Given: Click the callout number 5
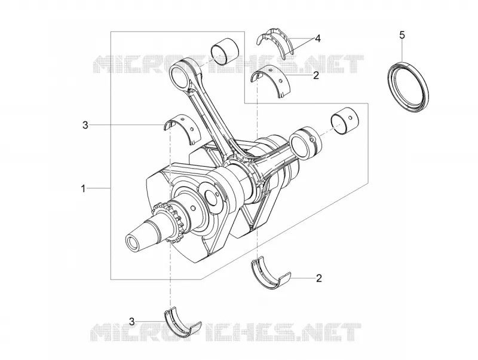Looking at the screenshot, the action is (x=402, y=35).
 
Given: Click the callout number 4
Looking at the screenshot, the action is (x=318, y=39).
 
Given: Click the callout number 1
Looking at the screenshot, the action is (x=83, y=188).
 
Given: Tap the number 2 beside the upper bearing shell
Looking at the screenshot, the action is (x=316, y=75).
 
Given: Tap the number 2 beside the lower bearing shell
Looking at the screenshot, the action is (x=319, y=278).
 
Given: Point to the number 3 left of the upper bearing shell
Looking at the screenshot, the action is (x=85, y=125).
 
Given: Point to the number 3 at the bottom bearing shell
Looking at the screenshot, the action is (x=131, y=321).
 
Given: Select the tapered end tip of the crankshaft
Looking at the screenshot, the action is (x=133, y=243).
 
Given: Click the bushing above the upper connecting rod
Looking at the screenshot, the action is (x=225, y=51).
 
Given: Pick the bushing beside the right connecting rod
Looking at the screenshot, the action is (x=345, y=121).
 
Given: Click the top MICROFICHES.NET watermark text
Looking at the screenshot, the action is (x=228, y=64).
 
